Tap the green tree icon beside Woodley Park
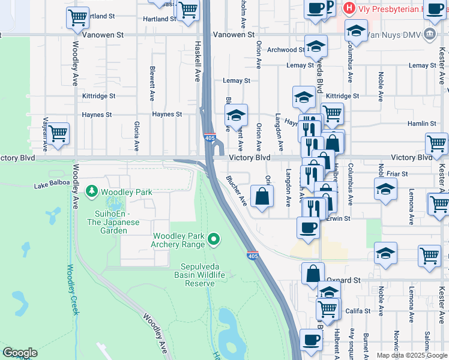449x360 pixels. (x=92, y=191)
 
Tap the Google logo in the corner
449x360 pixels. (x=20, y=353)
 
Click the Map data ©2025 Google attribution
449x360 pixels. (x=411, y=355)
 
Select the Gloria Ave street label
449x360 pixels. (x=137, y=136)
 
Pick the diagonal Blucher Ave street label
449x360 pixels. (x=237, y=190)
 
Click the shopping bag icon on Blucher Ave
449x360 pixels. (x=262, y=196)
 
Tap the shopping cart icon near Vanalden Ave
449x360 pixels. (x=58, y=134)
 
